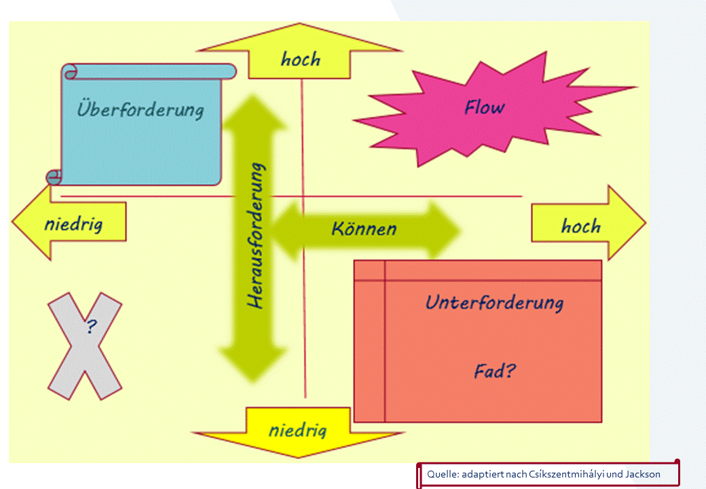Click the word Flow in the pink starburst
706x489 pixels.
tap(484, 107)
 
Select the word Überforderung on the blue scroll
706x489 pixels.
tap(140, 109)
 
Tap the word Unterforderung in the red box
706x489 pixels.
tap(494, 302)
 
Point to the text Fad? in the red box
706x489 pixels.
tap(494, 372)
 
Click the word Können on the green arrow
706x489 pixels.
tap(364, 228)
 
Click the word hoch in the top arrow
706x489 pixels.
tap(300, 59)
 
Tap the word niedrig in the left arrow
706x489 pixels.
tap(73, 223)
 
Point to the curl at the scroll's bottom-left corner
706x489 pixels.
tap(54, 178)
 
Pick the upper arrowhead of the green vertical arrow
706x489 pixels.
tap(256, 112)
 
